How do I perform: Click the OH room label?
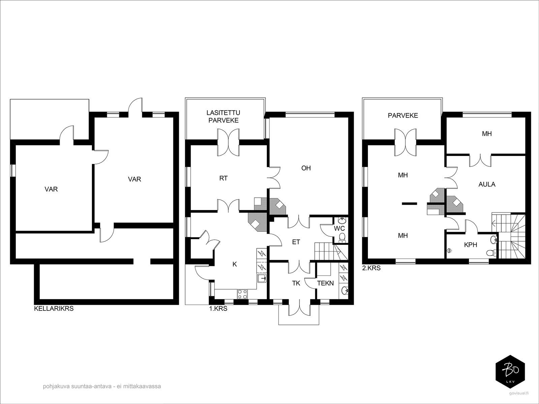coord(306,168)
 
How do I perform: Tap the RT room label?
coord(223,178)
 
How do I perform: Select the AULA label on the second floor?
coord(487,184)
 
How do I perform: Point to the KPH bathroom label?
coord(471,244)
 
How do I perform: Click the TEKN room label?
coord(325,283)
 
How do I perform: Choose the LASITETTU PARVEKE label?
coord(223,116)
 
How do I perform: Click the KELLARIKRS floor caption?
coord(54,308)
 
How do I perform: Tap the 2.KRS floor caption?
coord(371,268)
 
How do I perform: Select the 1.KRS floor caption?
coord(218,308)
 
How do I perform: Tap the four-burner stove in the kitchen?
coord(242,294)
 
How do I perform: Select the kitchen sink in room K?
coord(262,278)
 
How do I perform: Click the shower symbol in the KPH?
coord(449,250)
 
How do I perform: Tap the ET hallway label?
coord(296,242)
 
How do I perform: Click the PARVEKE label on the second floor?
coord(403,115)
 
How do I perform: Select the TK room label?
coord(296,283)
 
